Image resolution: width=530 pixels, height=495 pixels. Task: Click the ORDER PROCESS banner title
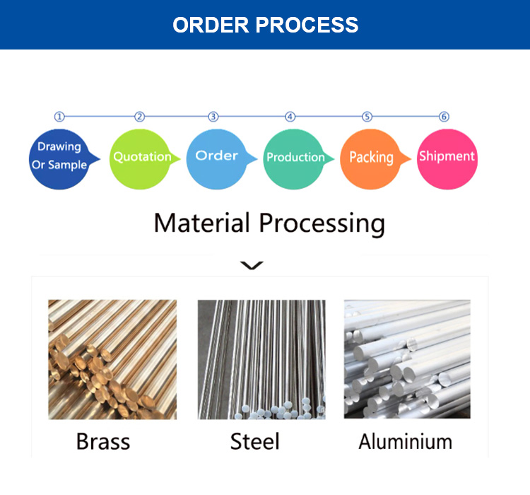coord(265,25)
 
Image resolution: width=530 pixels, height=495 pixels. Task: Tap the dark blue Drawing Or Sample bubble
coord(59,157)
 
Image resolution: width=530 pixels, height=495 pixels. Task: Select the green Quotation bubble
coord(141,158)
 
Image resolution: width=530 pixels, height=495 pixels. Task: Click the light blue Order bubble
coord(216,156)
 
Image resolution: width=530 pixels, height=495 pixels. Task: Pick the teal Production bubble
coord(295,158)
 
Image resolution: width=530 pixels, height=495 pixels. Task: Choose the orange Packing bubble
coord(371,158)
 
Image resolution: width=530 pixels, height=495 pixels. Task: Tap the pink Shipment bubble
coord(447,157)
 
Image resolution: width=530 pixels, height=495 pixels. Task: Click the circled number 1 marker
coord(59,117)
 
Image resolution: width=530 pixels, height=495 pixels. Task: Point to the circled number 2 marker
coord(139,117)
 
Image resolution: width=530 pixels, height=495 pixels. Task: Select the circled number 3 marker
coord(213,117)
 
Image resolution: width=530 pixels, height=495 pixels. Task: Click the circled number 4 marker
coord(290,117)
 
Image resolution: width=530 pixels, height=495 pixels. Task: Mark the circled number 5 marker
coord(367,117)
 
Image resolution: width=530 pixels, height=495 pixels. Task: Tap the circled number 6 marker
coord(444,117)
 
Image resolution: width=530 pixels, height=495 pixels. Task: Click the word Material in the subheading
coord(202,223)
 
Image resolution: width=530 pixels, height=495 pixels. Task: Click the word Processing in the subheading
coord(322,224)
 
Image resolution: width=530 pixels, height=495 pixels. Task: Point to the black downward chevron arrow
coord(252,266)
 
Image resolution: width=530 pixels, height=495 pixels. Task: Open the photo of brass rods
coord(112,359)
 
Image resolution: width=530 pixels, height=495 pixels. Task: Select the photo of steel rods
coord(261,359)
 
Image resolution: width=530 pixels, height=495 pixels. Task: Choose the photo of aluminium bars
coord(407,359)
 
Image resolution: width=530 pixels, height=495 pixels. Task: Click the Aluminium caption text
coord(405,442)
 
